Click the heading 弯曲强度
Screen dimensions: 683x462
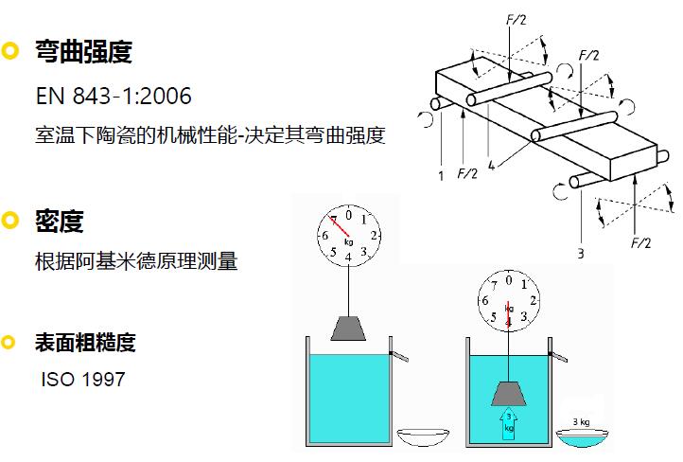pyautogui.click(x=83, y=51)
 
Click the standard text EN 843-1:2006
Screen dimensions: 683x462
pyautogui.click(x=114, y=96)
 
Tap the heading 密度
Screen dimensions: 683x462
pyautogui.click(x=60, y=221)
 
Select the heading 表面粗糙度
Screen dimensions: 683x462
pyautogui.click(x=85, y=342)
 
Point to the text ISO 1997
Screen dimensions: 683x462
pyautogui.click(x=83, y=379)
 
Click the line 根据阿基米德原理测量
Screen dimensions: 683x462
pyautogui.click(x=136, y=261)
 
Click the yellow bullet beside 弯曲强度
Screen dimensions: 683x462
pyautogui.click(x=9, y=51)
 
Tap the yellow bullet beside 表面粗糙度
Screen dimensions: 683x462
pyautogui.click(x=9, y=342)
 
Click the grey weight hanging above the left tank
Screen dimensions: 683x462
pyautogui.click(x=348, y=329)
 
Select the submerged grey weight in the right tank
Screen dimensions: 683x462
pyautogui.click(x=509, y=394)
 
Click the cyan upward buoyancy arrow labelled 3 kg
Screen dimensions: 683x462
pyautogui.click(x=509, y=423)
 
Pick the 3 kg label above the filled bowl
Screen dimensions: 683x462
pyautogui.click(x=581, y=421)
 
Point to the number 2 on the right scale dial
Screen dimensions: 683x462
pyautogui.click(x=533, y=300)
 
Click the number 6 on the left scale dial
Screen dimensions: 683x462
pyautogui.click(x=325, y=236)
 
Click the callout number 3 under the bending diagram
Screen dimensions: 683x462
pyautogui.click(x=581, y=253)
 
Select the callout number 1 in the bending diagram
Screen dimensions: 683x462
pyautogui.click(x=441, y=176)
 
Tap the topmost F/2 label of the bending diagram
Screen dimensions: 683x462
pyautogui.click(x=517, y=19)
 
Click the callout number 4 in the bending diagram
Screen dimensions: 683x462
pyautogui.click(x=491, y=165)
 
